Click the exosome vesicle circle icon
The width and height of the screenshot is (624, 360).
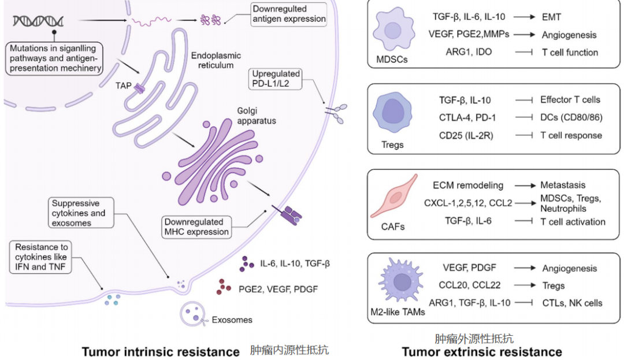coord(193,314)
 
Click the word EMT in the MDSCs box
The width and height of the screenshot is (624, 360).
coord(552,17)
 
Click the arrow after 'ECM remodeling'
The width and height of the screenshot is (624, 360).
coord(522,186)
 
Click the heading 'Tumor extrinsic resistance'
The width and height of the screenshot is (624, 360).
coord(482,352)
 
